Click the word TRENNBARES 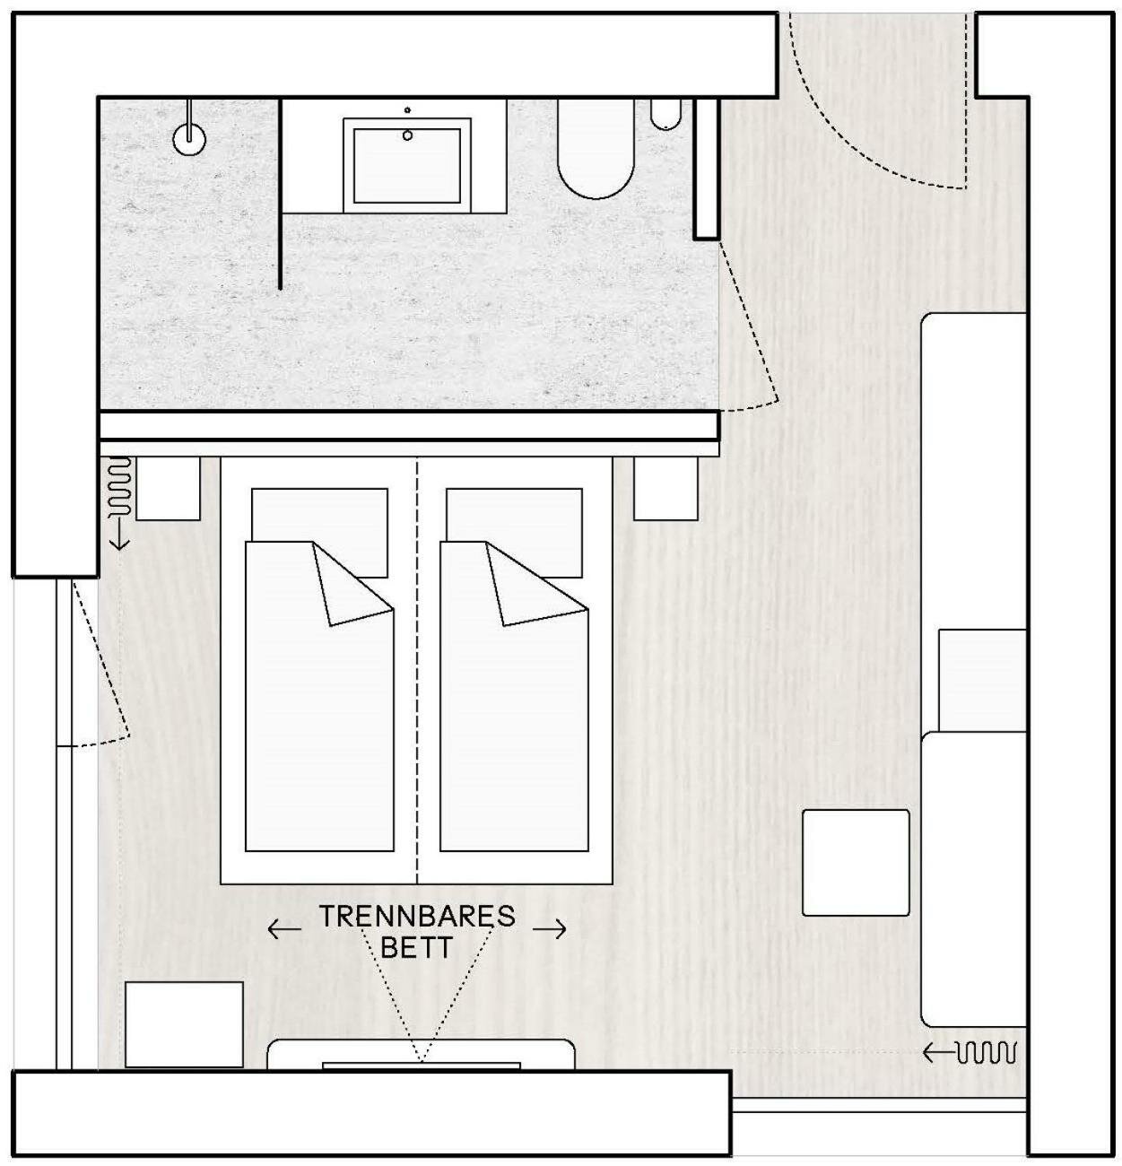[417, 917]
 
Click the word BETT [417, 947]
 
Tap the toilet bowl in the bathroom [596, 151]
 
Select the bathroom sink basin [407, 164]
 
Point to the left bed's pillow [319, 514]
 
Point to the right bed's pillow [514, 514]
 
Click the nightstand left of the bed [168, 489]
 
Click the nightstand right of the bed [665, 489]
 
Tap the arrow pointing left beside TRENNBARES [284, 930]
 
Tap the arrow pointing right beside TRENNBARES [550, 930]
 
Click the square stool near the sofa [856, 863]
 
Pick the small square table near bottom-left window [184, 1024]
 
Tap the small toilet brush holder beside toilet [665, 115]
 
